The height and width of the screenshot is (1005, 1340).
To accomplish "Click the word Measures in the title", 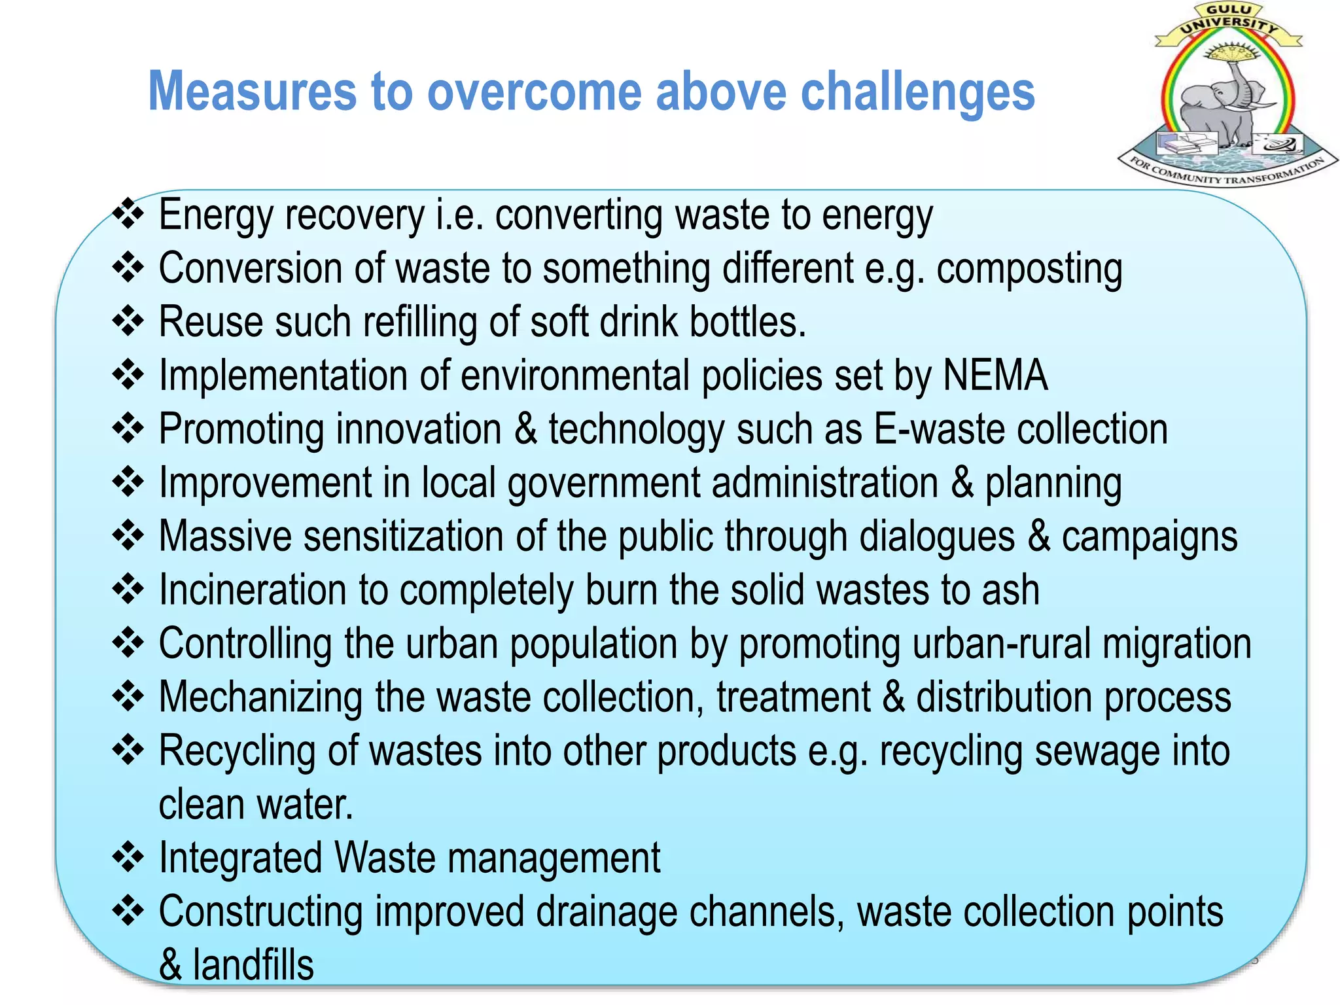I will click(x=253, y=92).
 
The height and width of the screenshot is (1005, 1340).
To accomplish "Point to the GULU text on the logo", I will click(x=1229, y=10).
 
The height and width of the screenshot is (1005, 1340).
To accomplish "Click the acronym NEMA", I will click(x=995, y=376).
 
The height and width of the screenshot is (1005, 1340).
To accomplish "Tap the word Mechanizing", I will click(x=260, y=697).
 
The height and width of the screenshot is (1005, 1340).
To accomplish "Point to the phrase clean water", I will click(x=255, y=805).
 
